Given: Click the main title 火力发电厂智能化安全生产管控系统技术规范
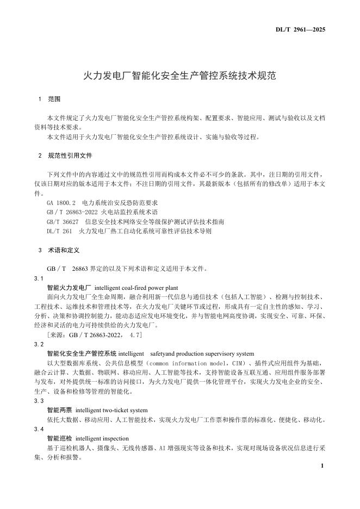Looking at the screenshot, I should pyautogui.click(x=179, y=76).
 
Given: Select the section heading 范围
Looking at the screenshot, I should pyautogui.click(x=54, y=100).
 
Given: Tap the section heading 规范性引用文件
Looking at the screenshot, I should pyautogui.click(x=70, y=156).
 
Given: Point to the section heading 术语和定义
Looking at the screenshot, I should pyautogui.click(x=64, y=251).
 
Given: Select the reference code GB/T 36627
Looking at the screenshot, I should pyautogui.click(x=64, y=222).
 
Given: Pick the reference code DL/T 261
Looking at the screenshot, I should pyautogui.click(x=59, y=231).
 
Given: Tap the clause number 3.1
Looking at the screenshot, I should pyautogui.click(x=39, y=278).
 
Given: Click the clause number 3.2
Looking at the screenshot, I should pyautogui.click(x=39, y=344).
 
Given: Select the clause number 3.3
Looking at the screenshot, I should pyautogui.click(x=39, y=401).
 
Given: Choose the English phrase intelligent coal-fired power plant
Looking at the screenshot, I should pyautogui.click(x=136, y=288).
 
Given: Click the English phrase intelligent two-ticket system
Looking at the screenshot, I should pyautogui.click(x=111, y=410).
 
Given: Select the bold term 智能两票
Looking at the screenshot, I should pyautogui.click(x=59, y=410).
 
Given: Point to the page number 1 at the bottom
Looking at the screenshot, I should pyautogui.click(x=322, y=466).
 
